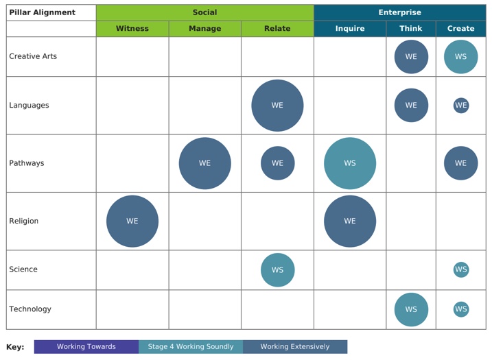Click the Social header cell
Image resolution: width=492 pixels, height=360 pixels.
pos(204,12)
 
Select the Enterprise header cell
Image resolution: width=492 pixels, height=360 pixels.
pos(399,12)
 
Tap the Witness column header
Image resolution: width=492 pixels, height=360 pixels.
pos(132,29)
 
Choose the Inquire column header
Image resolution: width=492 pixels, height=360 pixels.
pos(350,29)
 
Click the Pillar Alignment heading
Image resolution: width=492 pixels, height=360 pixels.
pos(42,12)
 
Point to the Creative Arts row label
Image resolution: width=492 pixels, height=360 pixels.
pos(33,56)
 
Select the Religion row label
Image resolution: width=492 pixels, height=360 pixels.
pos(24,221)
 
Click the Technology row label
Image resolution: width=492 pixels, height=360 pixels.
pos(30,309)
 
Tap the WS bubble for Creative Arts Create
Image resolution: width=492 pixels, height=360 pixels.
pos(460,57)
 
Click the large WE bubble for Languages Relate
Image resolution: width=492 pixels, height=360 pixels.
pos(277,106)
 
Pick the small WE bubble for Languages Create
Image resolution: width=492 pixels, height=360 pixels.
pos(460,106)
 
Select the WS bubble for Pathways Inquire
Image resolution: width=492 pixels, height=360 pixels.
pos(350,163)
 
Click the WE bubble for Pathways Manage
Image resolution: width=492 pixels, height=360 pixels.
pos(204,163)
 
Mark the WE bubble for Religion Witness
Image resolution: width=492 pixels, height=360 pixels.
pos(132,221)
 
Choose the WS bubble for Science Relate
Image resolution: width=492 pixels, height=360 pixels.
pos(277,270)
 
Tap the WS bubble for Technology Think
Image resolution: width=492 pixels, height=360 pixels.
pos(411,309)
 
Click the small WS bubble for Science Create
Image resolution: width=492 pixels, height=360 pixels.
pos(460,270)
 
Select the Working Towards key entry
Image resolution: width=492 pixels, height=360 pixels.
pos(86,347)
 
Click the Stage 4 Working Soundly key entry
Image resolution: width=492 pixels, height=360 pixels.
pos(191,347)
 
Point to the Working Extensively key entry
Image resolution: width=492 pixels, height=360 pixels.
pos(295,347)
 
